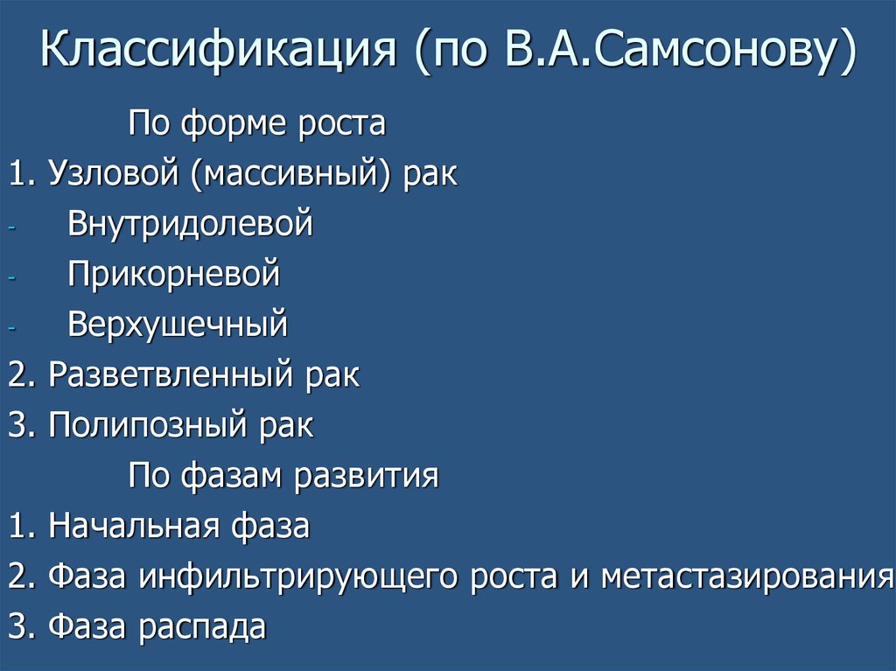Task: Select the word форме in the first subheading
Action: [x=229, y=123]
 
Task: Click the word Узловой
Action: [x=113, y=173]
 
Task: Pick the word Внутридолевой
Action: [x=190, y=224]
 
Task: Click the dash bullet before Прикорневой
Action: [x=11, y=276]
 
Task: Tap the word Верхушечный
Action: [x=178, y=325]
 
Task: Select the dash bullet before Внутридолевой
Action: [x=11, y=226]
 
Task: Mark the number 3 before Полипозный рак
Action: [x=16, y=426]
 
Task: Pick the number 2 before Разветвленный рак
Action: [x=16, y=376]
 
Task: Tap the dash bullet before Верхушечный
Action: [x=11, y=327]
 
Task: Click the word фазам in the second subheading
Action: [x=233, y=477]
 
